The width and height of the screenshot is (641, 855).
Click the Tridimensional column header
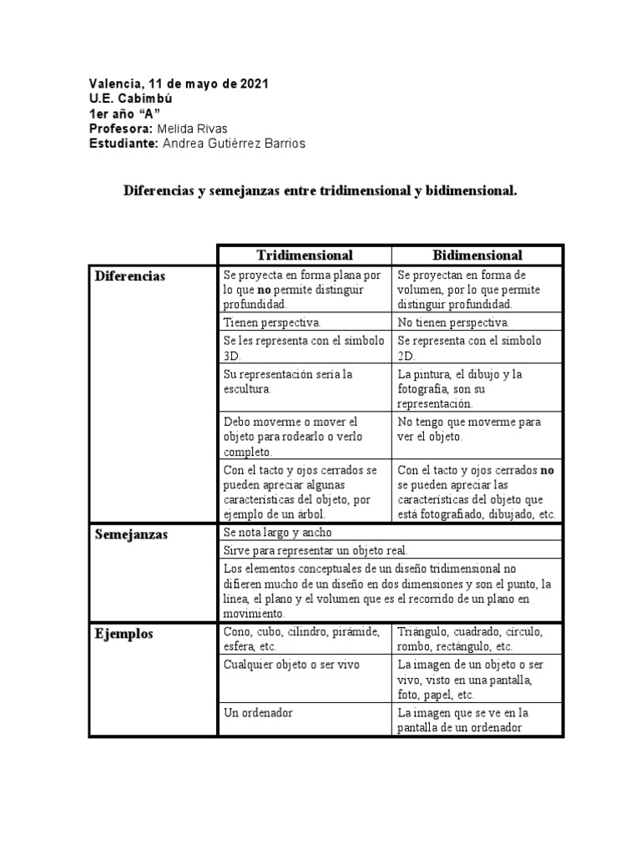pyautogui.click(x=305, y=255)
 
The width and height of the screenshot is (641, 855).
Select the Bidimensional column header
pyautogui.click(x=477, y=255)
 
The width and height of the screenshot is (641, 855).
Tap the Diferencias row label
pyautogui.click(x=130, y=276)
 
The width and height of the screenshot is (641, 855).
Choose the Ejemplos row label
pyautogui.click(x=124, y=634)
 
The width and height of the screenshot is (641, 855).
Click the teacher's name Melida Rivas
pyautogui.click(x=194, y=129)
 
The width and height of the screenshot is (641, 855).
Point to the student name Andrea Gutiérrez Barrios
pyautogui.click(x=234, y=144)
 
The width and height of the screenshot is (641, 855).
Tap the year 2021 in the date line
pyautogui.click(x=255, y=83)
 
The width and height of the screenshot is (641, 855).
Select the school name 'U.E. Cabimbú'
pyautogui.click(x=131, y=99)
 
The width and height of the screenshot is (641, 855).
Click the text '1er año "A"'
pyautogui.click(x=124, y=114)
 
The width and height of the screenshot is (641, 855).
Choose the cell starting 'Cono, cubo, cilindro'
pyautogui.click(x=302, y=638)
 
